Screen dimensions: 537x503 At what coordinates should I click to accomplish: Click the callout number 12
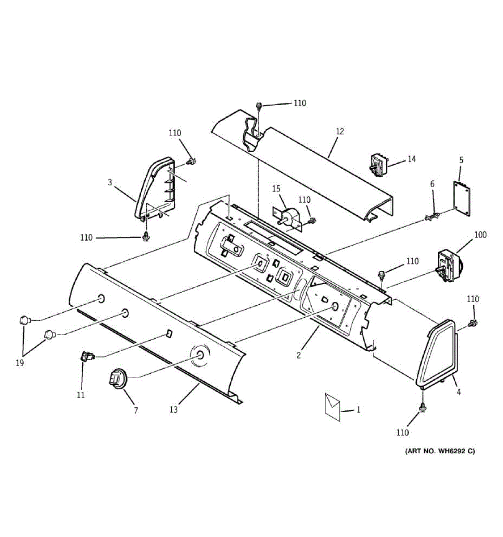point(340,132)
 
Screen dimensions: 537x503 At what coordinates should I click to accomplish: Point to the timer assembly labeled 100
point(448,267)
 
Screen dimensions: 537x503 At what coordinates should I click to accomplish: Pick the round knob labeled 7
point(117,377)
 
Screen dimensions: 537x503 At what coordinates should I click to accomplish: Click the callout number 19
point(20,363)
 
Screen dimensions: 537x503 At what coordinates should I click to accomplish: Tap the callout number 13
point(173,409)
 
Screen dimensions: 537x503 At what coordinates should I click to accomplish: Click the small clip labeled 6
point(432,217)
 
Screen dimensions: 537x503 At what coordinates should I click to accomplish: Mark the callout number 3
point(110,182)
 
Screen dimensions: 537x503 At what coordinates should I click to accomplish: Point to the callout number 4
point(459,392)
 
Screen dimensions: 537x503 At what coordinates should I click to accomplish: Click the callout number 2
point(299,356)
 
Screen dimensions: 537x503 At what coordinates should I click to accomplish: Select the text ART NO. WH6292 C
point(440,451)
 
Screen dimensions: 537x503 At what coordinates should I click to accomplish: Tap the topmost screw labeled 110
point(259,107)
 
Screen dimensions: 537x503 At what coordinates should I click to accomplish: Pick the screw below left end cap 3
point(145,236)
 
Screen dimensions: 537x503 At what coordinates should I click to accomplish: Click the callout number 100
point(480,235)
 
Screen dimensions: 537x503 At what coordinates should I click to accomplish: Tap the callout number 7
point(136,410)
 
